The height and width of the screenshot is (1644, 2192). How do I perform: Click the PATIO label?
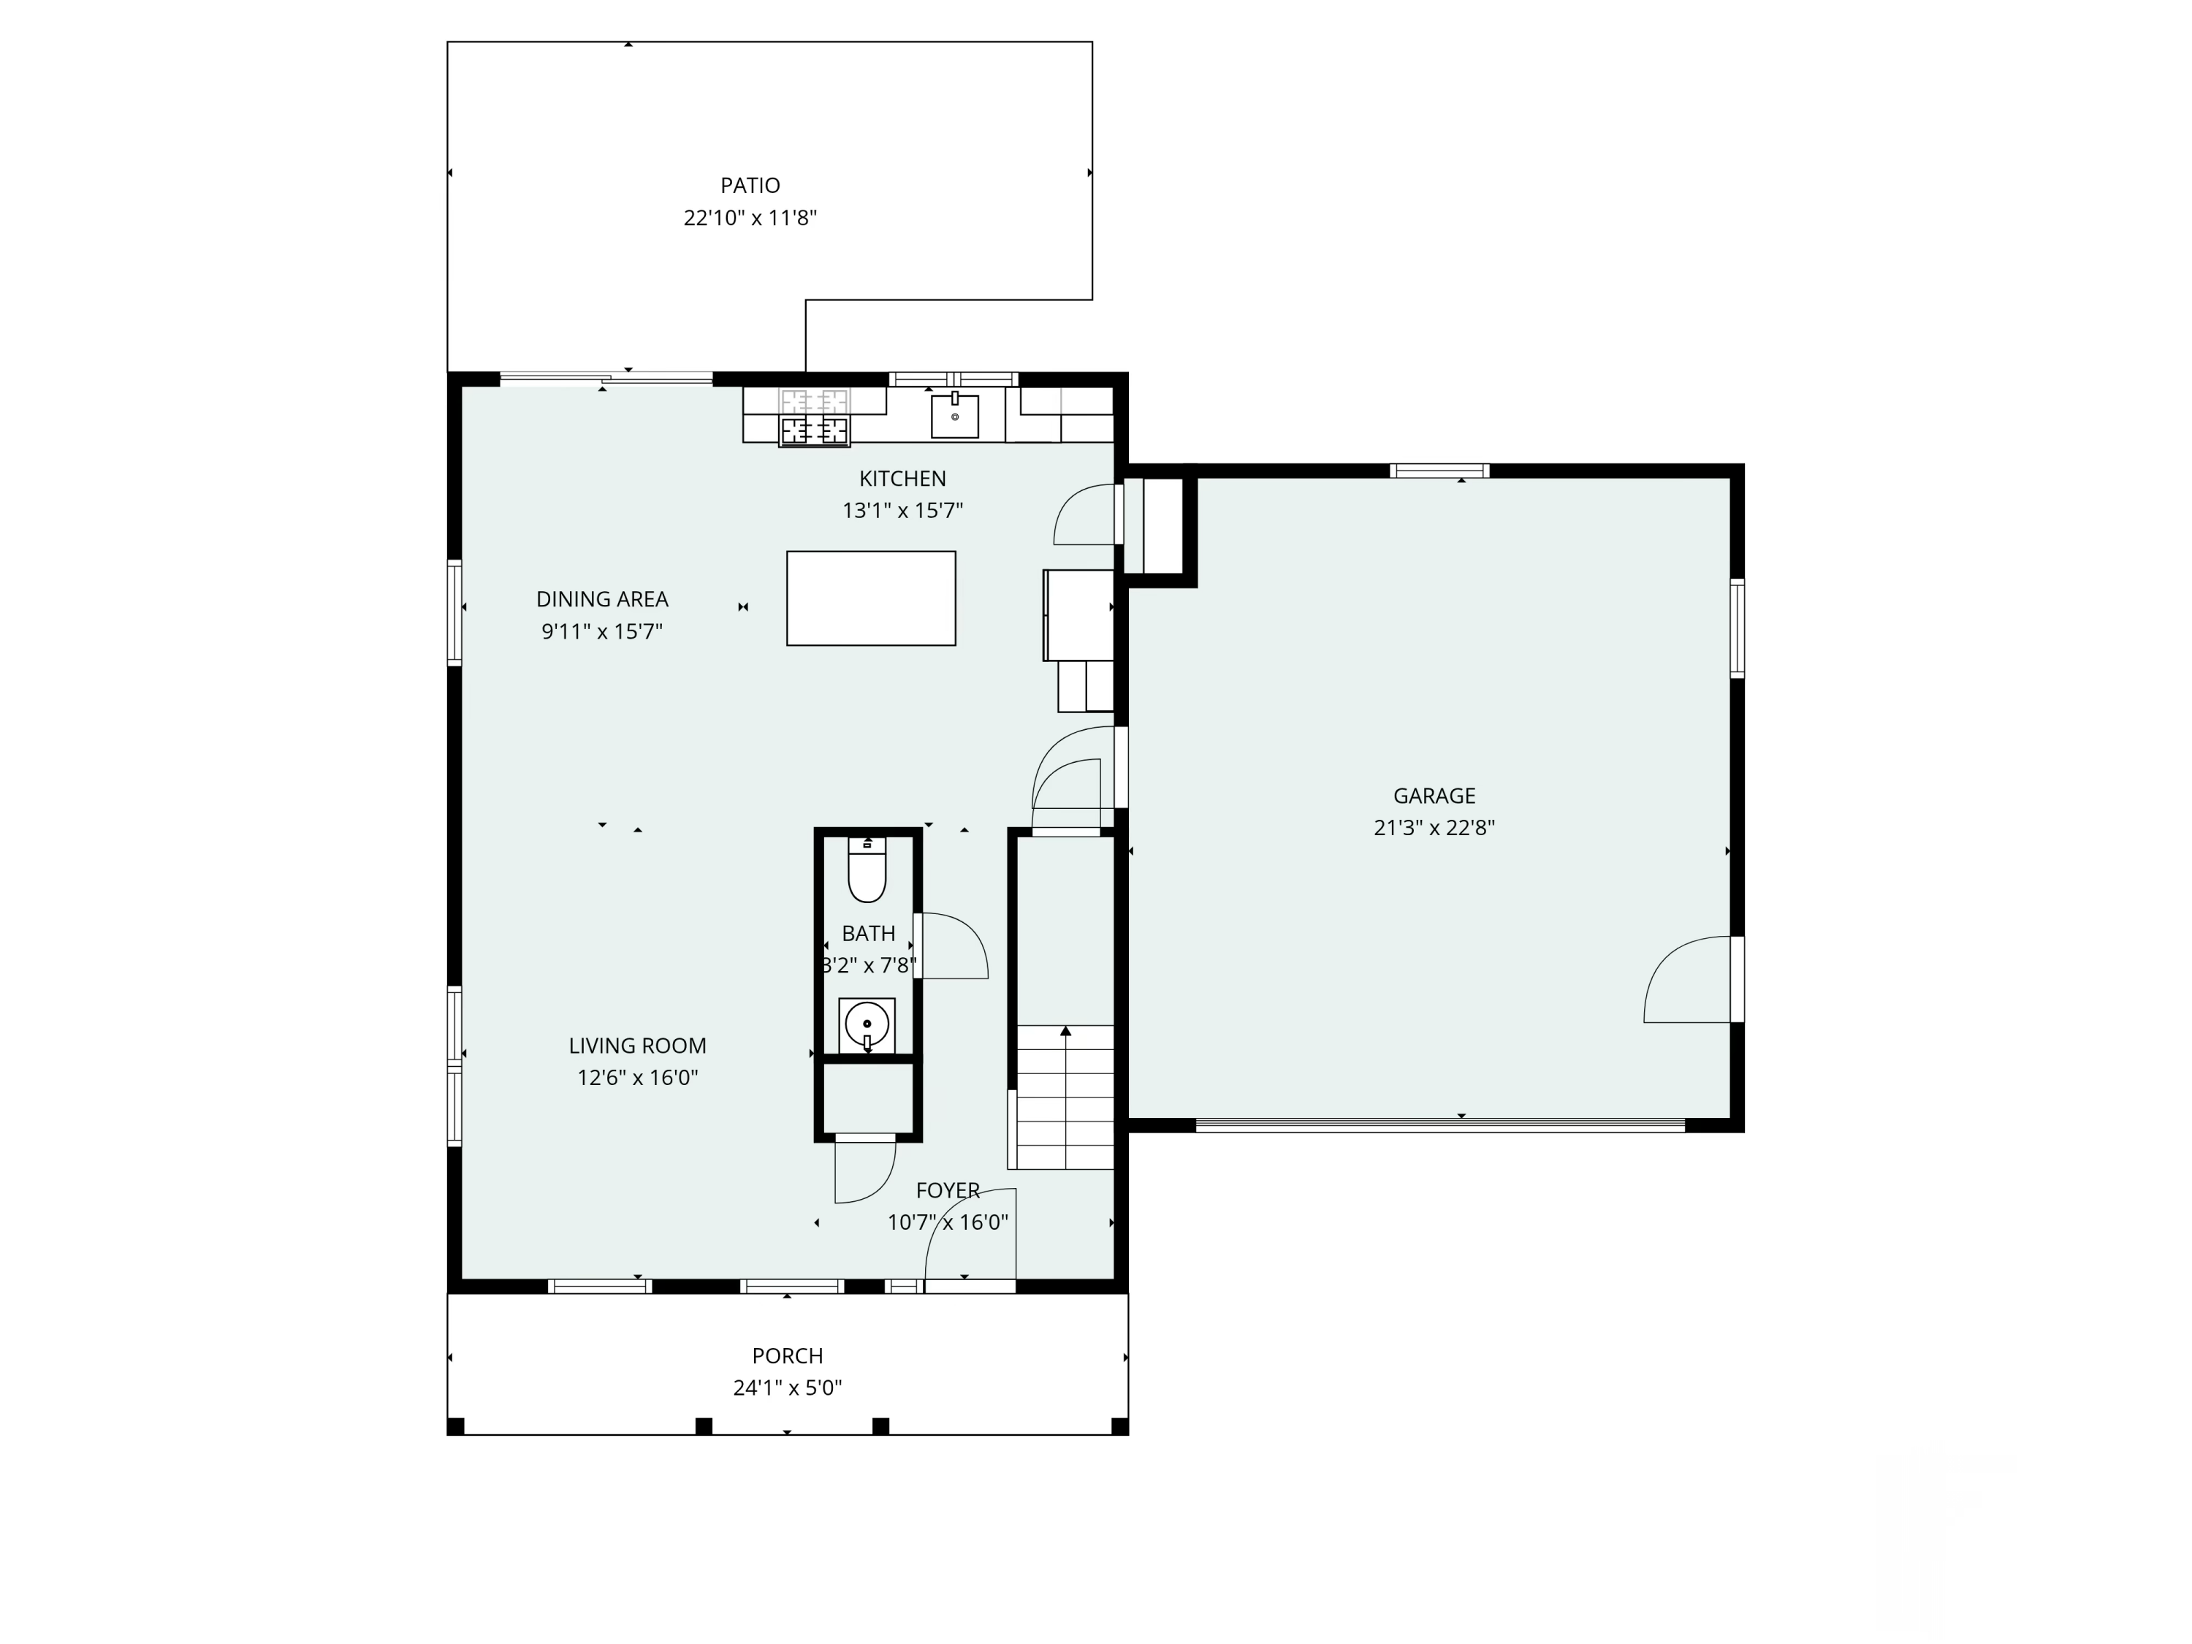pos(750,186)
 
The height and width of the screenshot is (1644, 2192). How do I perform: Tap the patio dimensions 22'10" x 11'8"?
pos(750,218)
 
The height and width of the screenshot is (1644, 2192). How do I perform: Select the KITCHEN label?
pos(903,479)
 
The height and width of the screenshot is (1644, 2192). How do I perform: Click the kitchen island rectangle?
pos(871,598)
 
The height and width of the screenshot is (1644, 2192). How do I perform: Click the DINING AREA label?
pos(603,600)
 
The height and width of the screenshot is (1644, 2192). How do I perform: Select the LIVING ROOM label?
pos(638,1046)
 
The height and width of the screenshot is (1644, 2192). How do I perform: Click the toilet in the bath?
pos(867,870)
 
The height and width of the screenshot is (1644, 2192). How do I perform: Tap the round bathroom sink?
pos(867,1024)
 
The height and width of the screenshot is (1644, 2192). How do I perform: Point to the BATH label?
pos(869,934)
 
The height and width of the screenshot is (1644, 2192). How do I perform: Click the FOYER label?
pos(948,1190)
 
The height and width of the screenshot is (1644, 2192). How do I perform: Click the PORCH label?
pos(788,1355)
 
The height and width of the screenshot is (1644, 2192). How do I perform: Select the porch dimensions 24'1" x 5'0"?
pos(788,1388)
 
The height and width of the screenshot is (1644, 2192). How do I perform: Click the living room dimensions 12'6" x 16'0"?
pos(638,1077)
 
